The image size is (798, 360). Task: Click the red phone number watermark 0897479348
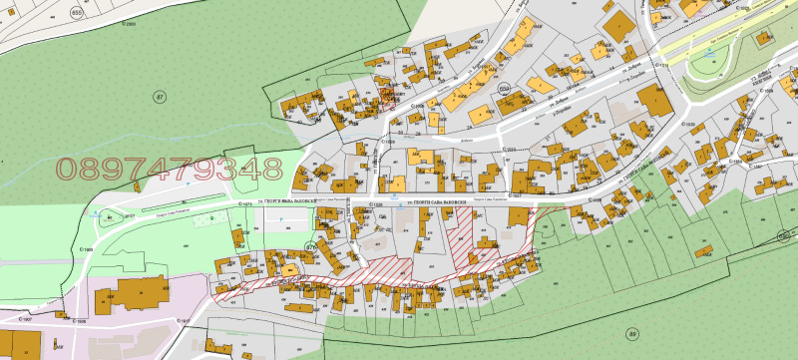tap(170, 169)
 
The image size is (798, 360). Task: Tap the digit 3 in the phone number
tap(232, 169)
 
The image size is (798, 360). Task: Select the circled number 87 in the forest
tap(158, 96)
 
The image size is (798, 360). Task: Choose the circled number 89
tap(631, 332)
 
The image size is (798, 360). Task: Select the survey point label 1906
tap(87, 250)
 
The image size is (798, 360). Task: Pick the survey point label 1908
tap(79, 322)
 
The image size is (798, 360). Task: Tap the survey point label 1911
tap(183, 320)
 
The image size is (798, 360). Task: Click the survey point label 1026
tap(377, 203)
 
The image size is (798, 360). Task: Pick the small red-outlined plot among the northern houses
tap(387, 96)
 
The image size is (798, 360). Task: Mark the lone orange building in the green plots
tap(706, 248)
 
